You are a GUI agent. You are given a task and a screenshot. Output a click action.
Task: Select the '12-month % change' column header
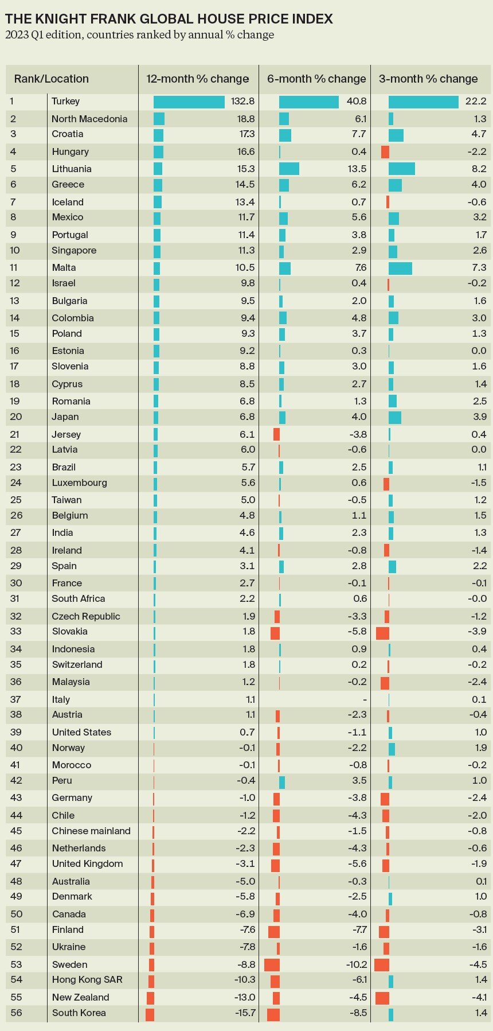point(197,79)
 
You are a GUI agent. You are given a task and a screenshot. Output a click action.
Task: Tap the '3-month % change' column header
point(428,79)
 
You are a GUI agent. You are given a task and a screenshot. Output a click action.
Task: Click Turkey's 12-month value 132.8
point(242,102)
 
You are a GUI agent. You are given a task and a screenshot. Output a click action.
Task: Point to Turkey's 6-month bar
point(308,102)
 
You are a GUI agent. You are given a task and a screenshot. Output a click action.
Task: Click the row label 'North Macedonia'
point(89,119)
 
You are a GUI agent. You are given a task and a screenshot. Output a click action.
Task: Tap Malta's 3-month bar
point(400,268)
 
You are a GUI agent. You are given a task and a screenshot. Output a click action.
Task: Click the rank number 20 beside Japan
point(15,417)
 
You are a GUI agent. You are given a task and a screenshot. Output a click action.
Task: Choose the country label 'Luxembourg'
point(79,483)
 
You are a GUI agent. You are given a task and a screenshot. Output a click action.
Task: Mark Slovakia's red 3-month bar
point(382,632)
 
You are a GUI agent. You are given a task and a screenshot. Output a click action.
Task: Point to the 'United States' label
point(81,733)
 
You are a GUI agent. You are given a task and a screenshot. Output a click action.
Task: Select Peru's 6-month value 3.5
point(359,781)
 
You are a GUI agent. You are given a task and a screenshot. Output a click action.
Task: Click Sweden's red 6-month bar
point(272,965)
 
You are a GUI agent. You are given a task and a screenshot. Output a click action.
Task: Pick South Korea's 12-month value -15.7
point(245,1013)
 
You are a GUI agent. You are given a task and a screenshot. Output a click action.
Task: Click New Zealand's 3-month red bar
point(382,998)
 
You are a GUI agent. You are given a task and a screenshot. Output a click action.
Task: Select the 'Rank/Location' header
point(52,79)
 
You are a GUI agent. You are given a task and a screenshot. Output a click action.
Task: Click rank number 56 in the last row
point(16,1013)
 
